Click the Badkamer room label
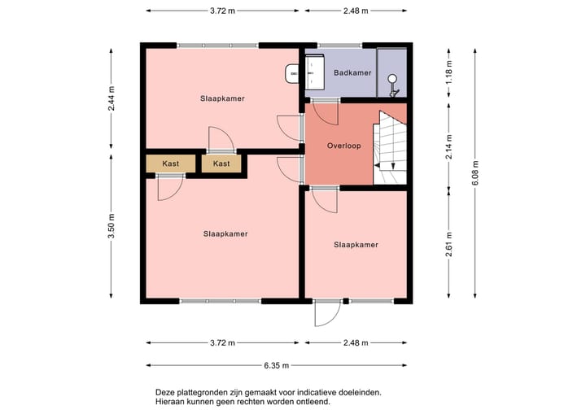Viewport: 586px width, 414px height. pos(352,72)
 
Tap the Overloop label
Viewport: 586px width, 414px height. pos(343,146)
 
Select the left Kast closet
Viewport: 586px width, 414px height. pos(170,163)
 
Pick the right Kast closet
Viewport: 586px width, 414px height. pos(221,163)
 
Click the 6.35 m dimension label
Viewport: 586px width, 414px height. pos(276,365)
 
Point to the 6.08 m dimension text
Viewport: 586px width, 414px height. pos(474,173)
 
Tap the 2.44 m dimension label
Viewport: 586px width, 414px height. pos(111,98)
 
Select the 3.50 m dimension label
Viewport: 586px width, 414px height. pos(111,226)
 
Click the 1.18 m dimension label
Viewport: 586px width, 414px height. pos(448,72)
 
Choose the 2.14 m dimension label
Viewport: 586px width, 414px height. pos(448,147)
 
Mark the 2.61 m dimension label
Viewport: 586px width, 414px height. pos(448,244)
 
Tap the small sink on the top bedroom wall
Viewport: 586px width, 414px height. pos(291,73)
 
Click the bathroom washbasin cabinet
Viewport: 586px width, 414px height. pos(315,72)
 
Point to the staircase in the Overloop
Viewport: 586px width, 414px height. pos(390,147)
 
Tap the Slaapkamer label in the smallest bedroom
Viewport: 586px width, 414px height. pos(356,245)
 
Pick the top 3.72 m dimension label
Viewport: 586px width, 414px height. pos(222,11)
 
